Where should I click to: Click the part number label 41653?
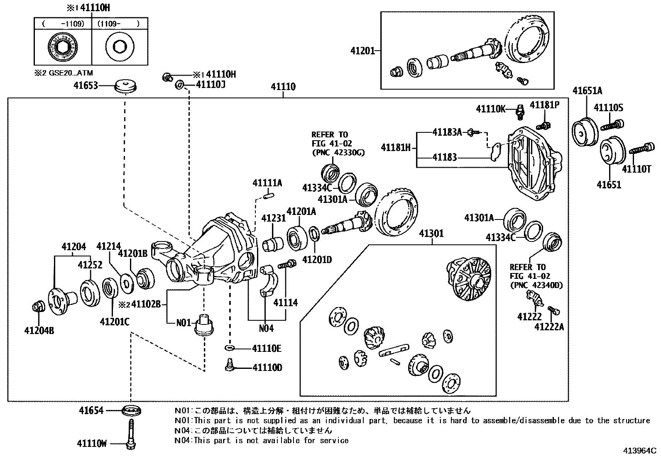pos(86,86)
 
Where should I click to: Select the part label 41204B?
pos(39,331)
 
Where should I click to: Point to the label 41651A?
pos(587,91)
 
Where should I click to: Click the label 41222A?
pos(549,327)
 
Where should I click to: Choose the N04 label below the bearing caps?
pos(266,328)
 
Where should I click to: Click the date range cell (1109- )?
pos(119,24)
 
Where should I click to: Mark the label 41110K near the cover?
pos(490,109)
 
